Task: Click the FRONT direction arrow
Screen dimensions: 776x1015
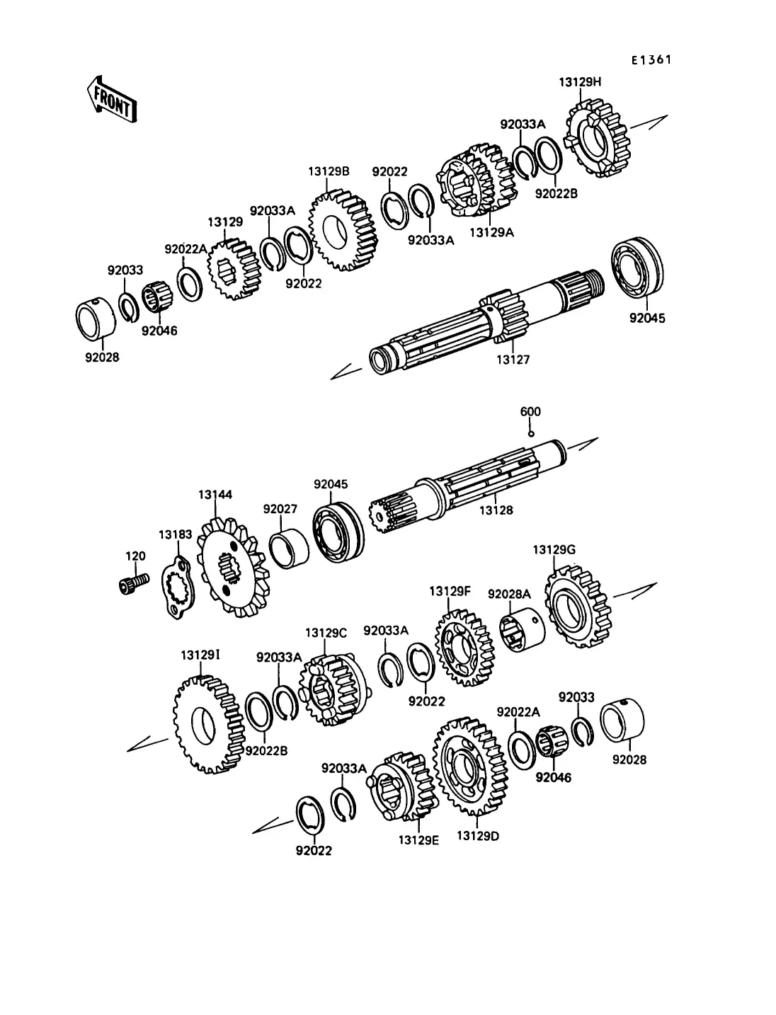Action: [112, 100]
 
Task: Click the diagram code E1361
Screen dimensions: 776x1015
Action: [651, 59]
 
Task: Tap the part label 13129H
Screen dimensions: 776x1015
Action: [580, 82]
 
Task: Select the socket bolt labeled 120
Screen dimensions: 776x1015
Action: [134, 583]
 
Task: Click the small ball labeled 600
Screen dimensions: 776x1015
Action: [531, 434]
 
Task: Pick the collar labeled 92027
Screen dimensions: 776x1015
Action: [290, 549]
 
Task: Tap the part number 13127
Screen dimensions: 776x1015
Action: [513, 360]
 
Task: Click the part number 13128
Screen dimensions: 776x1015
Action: [496, 510]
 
